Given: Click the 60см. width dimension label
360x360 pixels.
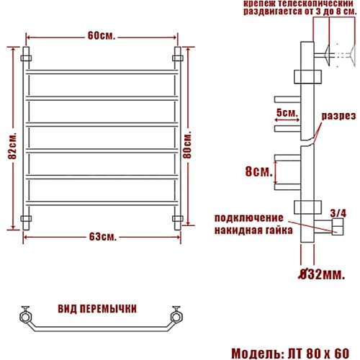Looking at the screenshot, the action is (x=102, y=36).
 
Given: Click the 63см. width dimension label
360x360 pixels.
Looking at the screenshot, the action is (x=103, y=237).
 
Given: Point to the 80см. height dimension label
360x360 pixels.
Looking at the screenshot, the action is (x=187, y=145).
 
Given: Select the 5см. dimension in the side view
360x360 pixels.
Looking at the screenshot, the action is (x=287, y=112).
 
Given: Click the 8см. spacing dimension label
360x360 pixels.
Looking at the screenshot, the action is (x=259, y=171).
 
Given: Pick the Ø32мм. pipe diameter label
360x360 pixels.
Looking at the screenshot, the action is (x=321, y=274).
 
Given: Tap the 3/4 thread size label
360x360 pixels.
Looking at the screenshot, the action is (x=338, y=213).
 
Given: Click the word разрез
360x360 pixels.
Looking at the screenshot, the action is (x=338, y=116).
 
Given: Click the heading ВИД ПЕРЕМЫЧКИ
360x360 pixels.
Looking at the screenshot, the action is (x=97, y=309).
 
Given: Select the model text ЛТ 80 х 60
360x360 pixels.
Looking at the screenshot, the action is (x=318, y=354).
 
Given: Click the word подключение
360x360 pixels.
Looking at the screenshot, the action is (x=248, y=218).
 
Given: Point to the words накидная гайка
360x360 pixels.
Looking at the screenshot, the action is (x=253, y=230).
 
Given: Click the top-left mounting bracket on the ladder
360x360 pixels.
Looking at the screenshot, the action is (x=26, y=58).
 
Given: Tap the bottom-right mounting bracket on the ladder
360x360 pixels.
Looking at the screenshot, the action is (x=178, y=219).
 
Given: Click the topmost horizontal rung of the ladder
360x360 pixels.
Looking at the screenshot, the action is (x=102, y=72).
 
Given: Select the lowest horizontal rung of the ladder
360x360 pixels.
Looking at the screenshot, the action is (x=102, y=203).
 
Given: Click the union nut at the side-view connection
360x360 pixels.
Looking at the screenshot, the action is (x=338, y=227).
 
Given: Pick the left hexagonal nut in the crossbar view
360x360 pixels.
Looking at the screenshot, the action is (x=25, y=317).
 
